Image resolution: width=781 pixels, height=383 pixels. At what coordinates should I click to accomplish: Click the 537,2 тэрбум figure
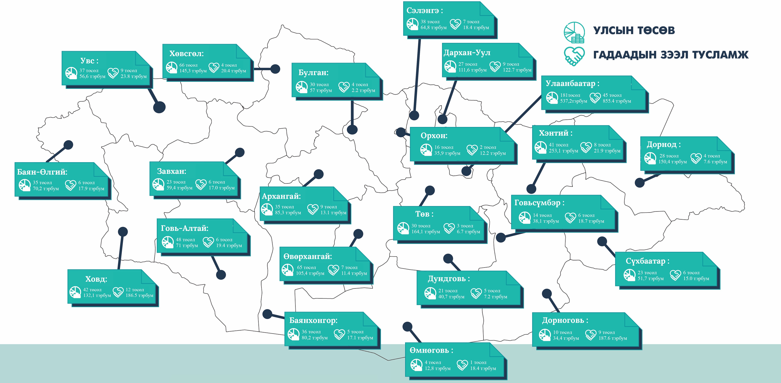pyautogui.click(x=573, y=101)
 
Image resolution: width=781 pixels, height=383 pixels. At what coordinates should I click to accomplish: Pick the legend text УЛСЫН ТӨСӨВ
pyautogui.click(x=634, y=30)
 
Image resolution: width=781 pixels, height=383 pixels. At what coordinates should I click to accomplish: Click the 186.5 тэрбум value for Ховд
pyautogui.click(x=139, y=295)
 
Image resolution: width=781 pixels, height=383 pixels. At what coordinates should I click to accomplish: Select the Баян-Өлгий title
pyautogui.click(x=42, y=172)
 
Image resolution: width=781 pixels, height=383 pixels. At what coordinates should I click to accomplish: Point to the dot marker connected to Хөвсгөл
pyautogui.click(x=275, y=69)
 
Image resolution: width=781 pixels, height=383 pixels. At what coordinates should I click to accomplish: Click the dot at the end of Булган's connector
pyautogui.click(x=352, y=130)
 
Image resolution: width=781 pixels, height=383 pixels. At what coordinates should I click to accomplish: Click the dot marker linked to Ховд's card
pyautogui.click(x=123, y=232)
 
